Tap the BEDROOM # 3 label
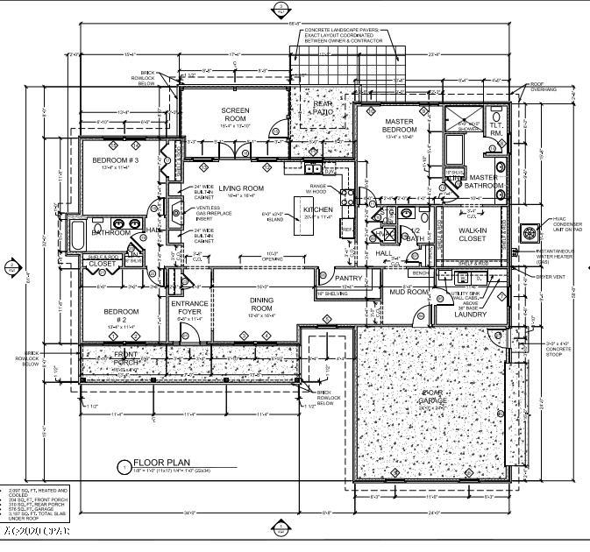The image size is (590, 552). point(125,159)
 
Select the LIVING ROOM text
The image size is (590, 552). point(241,188)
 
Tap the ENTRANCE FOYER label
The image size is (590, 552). point(189,308)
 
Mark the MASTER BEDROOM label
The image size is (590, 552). point(400,125)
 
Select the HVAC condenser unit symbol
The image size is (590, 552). point(530,233)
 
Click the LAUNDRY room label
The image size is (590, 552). point(470,314)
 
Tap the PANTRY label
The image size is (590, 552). point(348,278)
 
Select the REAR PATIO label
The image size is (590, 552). point(323,109)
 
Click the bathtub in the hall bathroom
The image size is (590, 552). point(79,233)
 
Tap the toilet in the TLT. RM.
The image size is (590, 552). point(496,118)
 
